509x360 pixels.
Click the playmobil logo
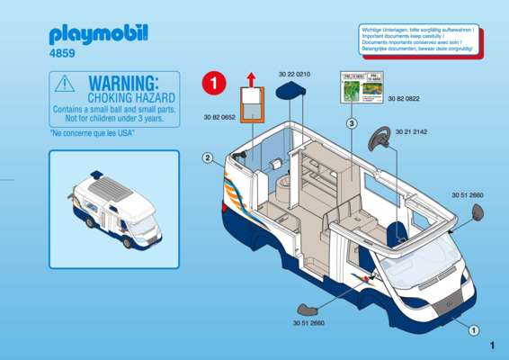click(99, 35)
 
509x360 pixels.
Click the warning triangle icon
click(65, 84)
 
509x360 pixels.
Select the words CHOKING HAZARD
click(123, 94)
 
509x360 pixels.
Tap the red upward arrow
click(253, 78)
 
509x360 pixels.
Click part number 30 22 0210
click(294, 73)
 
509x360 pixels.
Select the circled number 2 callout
click(208, 158)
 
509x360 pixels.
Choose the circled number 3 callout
click(353, 123)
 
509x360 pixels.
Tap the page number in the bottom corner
click(494, 346)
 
